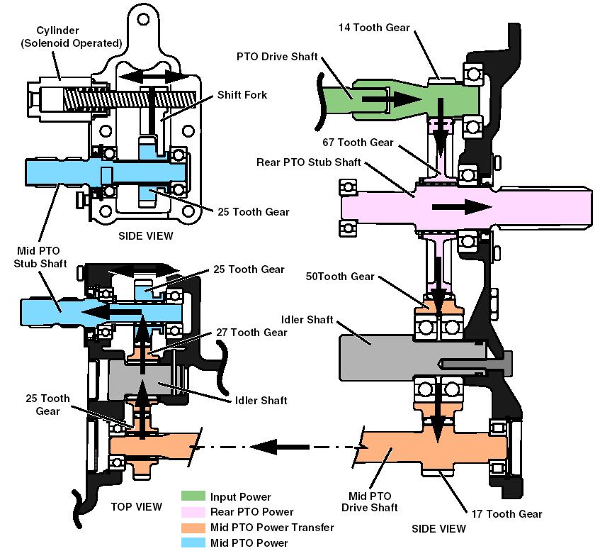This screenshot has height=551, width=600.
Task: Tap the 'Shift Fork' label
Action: tap(242, 94)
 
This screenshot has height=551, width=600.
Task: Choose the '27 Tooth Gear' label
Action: tap(246, 332)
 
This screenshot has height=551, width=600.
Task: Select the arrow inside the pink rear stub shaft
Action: tap(461, 206)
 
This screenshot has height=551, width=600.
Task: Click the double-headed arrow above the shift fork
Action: tap(152, 76)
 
